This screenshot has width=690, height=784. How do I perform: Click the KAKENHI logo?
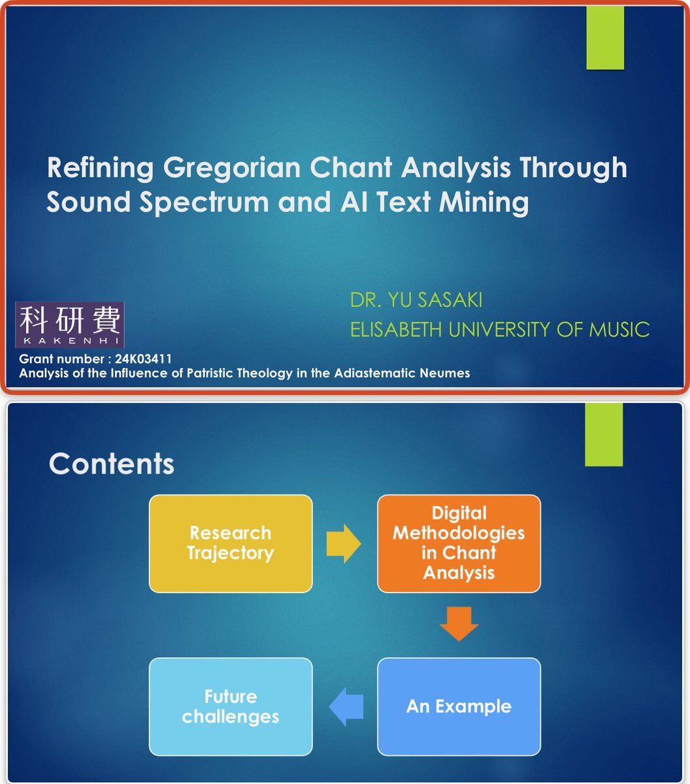(70, 325)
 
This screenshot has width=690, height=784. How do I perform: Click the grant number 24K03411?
(143, 359)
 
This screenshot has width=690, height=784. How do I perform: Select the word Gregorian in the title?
(231, 169)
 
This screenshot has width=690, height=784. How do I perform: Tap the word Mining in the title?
(484, 203)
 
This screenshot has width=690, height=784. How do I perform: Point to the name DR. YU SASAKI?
(416, 300)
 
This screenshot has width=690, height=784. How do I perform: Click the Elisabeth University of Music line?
(500, 330)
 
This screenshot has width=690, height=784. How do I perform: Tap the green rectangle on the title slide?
(605, 38)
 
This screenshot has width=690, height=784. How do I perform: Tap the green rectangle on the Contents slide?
(604, 434)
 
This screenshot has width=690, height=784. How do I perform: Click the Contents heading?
(112, 464)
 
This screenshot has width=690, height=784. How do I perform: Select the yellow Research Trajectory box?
(231, 544)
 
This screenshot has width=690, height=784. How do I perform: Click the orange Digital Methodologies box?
(459, 544)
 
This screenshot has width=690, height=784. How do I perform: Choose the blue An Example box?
(459, 707)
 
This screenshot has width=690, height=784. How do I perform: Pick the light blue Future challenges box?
(231, 707)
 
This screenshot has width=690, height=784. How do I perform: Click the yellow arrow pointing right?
(344, 544)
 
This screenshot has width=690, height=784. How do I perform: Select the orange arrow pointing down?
(459, 624)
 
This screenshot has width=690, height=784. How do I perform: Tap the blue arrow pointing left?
(346, 707)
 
